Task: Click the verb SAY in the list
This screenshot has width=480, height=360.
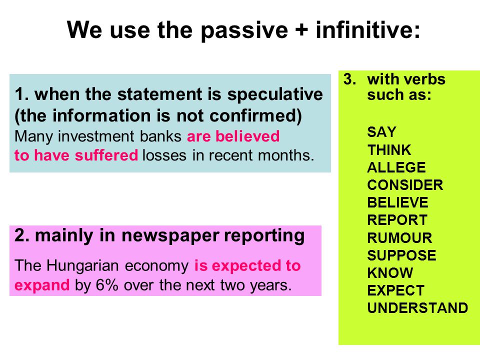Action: pyautogui.click(x=381, y=132)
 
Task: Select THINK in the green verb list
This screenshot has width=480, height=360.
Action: pyautogui.click(x=389, y=150)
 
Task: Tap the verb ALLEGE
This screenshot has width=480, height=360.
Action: pyautogui.click(x=396, y=167)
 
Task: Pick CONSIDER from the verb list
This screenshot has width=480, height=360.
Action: pyautogui.click(x=405, y=185)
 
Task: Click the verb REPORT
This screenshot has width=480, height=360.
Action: pyautogui.click(x=397, y=220)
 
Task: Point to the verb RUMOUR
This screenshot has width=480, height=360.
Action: pyautogui.click(x=399, y=237)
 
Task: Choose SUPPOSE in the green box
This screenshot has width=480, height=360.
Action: pyautogui.click(x=401, y=255)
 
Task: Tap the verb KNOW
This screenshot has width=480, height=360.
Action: pyautogui.click(x=390, y=273)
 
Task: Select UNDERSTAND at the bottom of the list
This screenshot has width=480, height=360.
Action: pyautogui.click(x=417, y=307)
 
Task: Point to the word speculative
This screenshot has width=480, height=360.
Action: pyautogui.click(x=275, y=94)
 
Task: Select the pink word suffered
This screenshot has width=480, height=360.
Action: pyautogui.click(x=106, y=155)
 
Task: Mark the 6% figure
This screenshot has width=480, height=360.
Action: pyautogui.click(x=107, y=285)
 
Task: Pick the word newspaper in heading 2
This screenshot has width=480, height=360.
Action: pyautogui.click(x=170, y=236)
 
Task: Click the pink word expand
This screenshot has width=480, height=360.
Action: pyautogui.click(x=42, y=285)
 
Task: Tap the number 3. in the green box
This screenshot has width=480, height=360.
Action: pyautogui.click(x=349, y=79)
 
